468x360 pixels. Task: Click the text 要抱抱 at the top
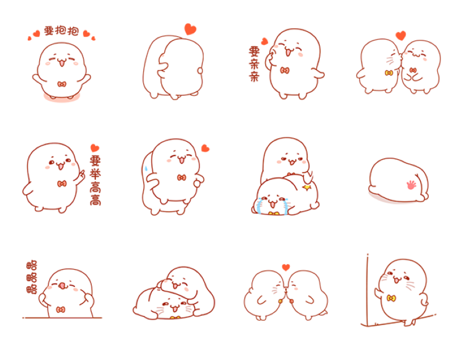pos(61,31)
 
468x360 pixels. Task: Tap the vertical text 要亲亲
pos(255,64)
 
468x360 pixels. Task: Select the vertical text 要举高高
pos(95,180)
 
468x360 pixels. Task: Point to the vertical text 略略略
pos(32,278)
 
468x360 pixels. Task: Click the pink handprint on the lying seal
pos(411,185)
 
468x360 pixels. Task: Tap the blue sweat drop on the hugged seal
pos(146,168)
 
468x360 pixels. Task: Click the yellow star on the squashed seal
pos(306,187)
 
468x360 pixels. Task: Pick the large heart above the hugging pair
pos(190,29)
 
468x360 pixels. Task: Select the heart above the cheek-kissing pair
pos(401,36)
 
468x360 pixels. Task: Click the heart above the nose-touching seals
pos(286,267)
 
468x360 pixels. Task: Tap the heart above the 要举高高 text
pos(95,148)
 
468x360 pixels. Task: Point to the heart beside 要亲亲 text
pos(264,41)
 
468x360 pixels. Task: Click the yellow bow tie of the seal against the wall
pos(391,298)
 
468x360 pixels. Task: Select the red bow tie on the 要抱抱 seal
pos(61,84)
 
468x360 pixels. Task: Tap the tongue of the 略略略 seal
pos(62,286)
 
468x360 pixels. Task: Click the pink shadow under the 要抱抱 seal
pos(61,98)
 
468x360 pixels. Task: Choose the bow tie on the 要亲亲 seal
pos(285,71)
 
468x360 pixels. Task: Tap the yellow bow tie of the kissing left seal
pos(388,72)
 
